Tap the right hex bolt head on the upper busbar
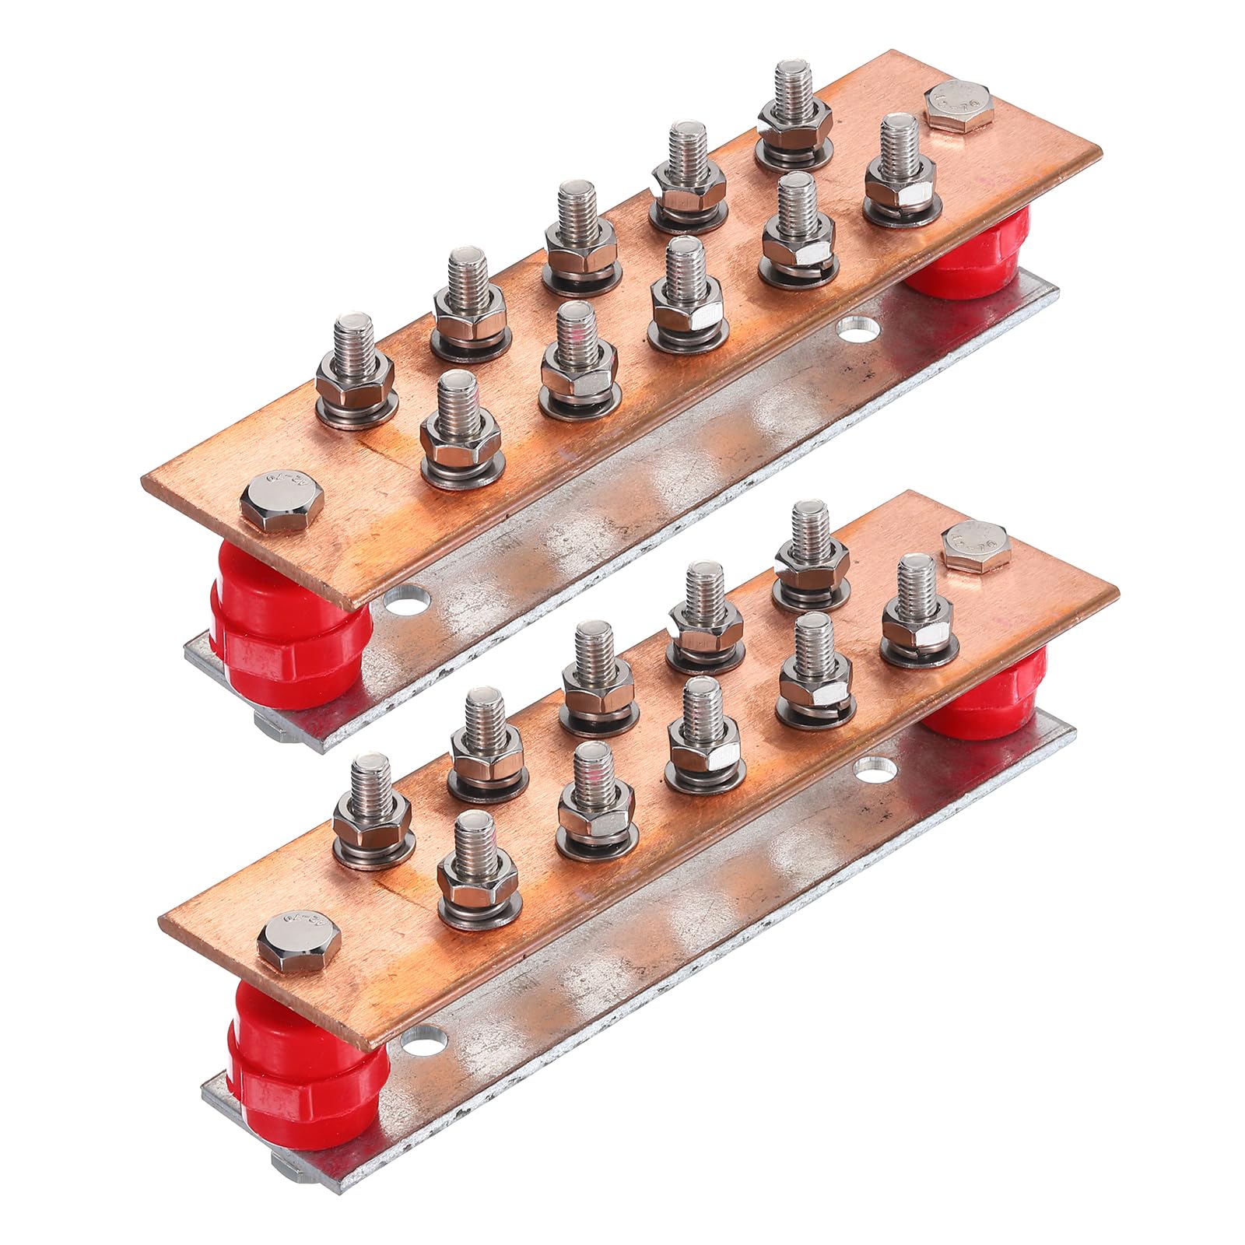(x=959, y=106)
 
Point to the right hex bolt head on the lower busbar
(x=977, y=545)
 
